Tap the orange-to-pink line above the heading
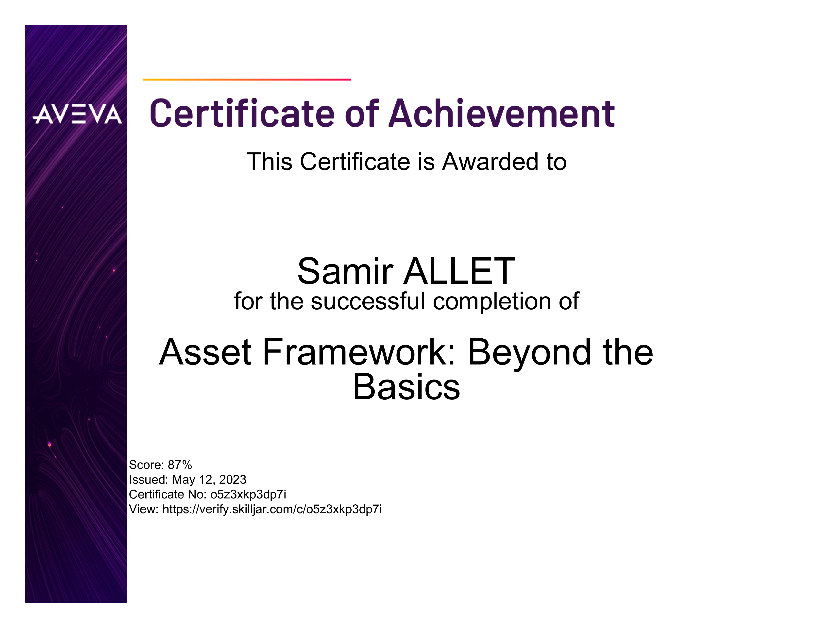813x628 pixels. coord(247,79)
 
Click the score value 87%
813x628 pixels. coord(180,465)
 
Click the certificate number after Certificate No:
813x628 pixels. coord(248,495)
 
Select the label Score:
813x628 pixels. coord(147,465)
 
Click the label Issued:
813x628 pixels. coord(149,479)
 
